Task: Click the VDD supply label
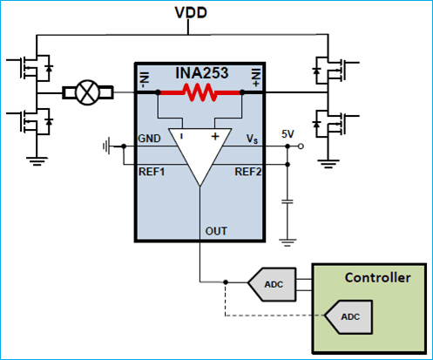215,13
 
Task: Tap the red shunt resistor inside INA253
200,91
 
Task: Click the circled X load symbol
87,92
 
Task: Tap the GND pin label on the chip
149,140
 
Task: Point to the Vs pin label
254,140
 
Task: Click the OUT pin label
217,231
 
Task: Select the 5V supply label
289,133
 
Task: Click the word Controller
377,278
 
